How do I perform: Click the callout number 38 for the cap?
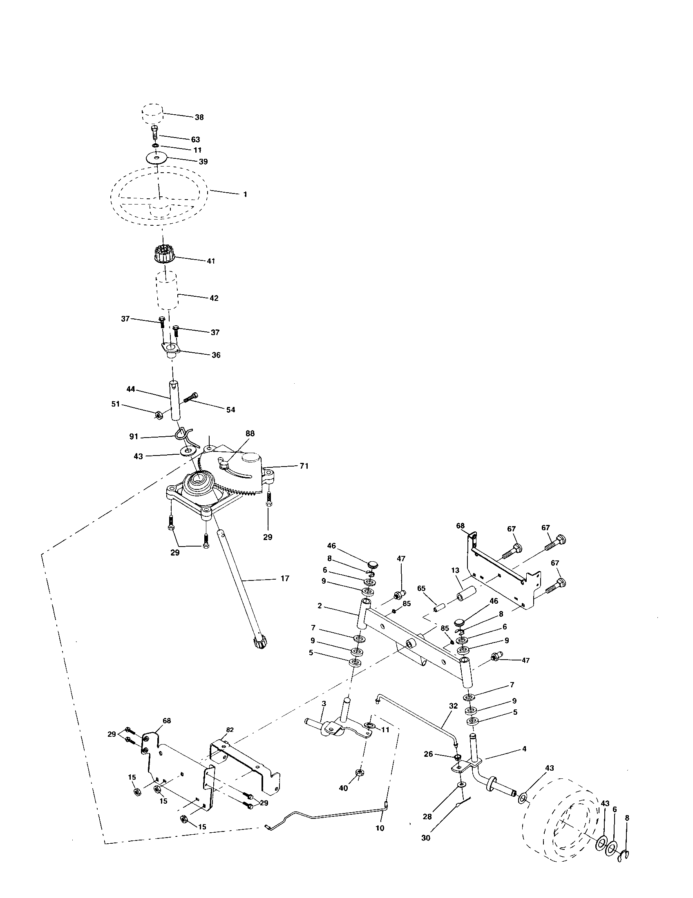(x=199, y=117)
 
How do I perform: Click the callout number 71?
(x=304, y=466)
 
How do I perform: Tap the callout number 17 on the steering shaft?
(x=285, y=578)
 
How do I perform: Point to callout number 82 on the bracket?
(x=230, y=729)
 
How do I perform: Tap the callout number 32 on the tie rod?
(x=453, y=706)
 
